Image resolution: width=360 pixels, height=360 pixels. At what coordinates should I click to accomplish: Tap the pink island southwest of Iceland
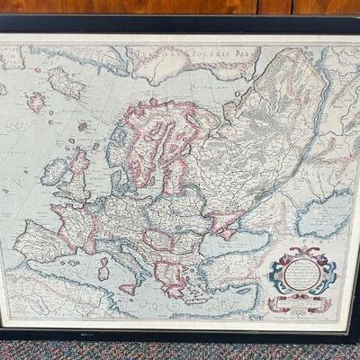pyautogui.click(x=36, y=102)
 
